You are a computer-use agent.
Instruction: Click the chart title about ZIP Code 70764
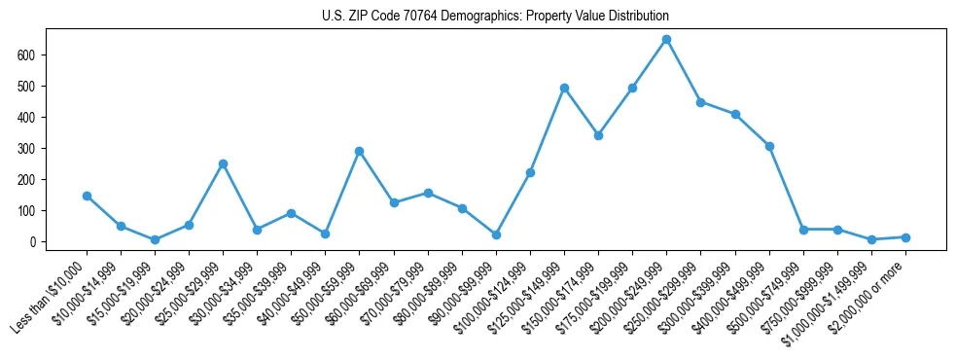495,17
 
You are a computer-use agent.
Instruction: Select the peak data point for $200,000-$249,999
666,40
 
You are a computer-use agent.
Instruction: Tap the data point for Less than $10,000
87,196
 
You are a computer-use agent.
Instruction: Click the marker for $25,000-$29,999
223,163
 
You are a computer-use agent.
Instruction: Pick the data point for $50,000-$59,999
359,151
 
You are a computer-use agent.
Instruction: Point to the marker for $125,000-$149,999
564,88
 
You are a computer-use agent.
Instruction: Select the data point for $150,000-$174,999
598,135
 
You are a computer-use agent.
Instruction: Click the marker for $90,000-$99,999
496,234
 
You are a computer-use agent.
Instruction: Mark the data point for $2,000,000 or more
905,237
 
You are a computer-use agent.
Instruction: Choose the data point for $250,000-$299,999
700,101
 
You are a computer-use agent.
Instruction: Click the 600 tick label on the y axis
26,55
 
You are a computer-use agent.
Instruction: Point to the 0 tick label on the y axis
32,241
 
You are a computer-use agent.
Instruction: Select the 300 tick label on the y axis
26,149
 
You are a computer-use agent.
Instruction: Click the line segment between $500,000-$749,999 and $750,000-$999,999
820,230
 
